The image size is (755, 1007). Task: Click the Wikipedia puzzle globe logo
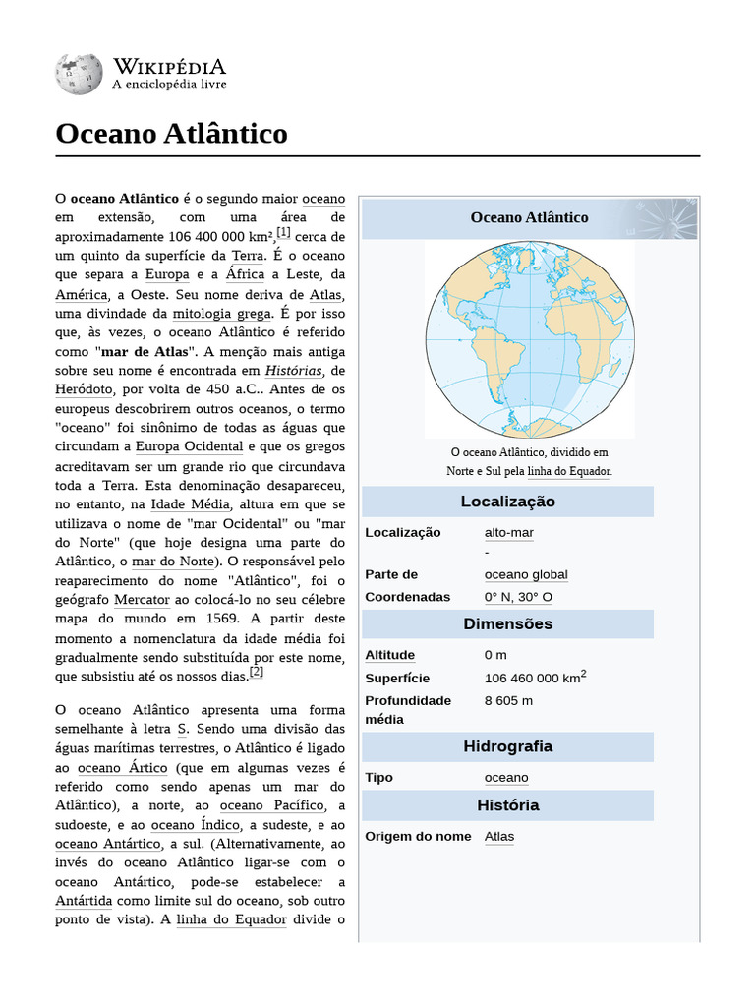click(x=80, y=74)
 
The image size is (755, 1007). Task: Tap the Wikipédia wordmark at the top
click(x=169, y=66)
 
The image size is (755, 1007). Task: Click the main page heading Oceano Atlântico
click(x=172, y=133)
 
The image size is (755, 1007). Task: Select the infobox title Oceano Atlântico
click(x=529, y=217)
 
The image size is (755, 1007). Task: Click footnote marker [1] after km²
click(x=283, y=233)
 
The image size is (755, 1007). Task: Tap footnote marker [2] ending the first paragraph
click(x=257, y=672)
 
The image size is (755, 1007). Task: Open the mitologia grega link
click(x=221, y=315)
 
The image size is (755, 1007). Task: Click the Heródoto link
click(x=84, y=389)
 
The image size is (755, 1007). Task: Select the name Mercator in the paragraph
click(x=142, y=599)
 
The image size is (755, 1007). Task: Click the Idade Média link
click(x=191, y=504)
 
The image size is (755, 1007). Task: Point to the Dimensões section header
click(x=507, y=623)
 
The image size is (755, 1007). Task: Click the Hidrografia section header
click(x=507, y=746)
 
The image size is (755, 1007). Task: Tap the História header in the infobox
click(x=507, y=804)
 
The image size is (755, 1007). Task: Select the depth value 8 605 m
click(x=508, y=700)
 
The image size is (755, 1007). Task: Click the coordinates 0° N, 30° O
click(x=518, y=597)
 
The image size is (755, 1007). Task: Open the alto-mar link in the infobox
click(x=509, y=532)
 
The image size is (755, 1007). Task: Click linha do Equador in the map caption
click(x=568, y=471)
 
